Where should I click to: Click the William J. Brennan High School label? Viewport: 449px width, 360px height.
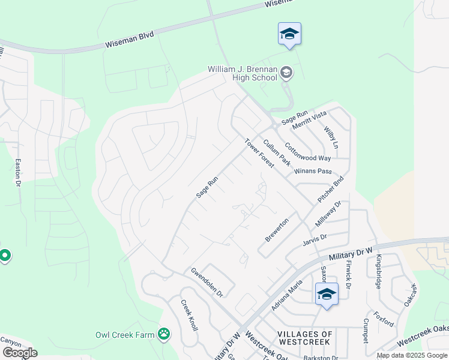click(x=243, y=74)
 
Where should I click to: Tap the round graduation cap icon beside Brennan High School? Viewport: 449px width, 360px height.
click(x=286, y=73)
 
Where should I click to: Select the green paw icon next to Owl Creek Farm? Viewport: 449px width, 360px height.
click(x=163, y=334)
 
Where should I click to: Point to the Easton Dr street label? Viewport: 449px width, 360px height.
click(x=18, y=173)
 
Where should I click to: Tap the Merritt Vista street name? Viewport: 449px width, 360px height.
click(x=309, y=118)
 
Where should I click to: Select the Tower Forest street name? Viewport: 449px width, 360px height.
click(x=259, y=153)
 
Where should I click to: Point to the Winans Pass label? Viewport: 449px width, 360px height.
click(x=312, y=172)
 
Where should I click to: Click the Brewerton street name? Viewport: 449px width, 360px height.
click(x=277, y=230)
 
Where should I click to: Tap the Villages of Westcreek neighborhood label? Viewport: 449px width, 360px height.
click(x=305, y=337)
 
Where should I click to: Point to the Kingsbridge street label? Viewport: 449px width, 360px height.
click(x=379, y=271)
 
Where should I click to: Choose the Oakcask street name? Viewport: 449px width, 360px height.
click(x=409, y=296)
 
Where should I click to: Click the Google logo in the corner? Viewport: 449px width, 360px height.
click(x=20, y=352)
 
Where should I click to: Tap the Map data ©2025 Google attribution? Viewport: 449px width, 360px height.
click(x=412, y=355)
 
